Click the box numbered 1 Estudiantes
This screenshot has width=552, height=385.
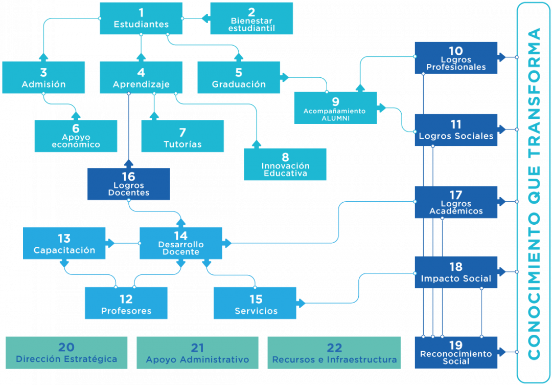click(141, 18)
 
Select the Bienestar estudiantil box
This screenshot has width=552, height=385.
click(251, 18)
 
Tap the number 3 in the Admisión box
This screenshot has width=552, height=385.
click(43, 73)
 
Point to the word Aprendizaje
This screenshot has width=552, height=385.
click(141, 84)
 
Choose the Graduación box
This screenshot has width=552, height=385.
click(239, 77)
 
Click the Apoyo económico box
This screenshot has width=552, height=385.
click(76, 136)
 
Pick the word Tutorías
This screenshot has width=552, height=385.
click(182, 144)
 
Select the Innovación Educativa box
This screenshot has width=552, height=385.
click(285, 164)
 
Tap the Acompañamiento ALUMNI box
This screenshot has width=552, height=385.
click(335, 108)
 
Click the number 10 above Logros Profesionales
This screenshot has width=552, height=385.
click(456, 51)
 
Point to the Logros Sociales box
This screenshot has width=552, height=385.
click(456, 130)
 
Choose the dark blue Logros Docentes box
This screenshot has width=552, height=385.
click(128, 184)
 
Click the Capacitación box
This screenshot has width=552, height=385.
click(64, 243)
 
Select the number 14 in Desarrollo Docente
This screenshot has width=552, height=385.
click(181, 236)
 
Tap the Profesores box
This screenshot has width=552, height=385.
click(126, 303)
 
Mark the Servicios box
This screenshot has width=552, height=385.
click(255, 303)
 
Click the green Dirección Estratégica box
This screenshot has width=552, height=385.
click(66, 353)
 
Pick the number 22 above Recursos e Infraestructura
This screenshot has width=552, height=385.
click(334, 348)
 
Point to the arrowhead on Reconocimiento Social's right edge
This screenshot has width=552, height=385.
click(502, 352)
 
